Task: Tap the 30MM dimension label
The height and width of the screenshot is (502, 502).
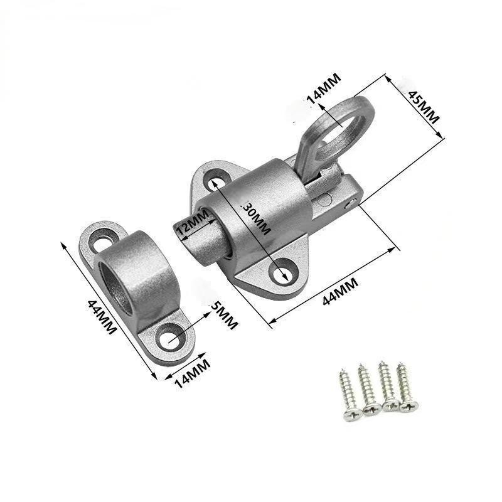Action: (x=257, y=218)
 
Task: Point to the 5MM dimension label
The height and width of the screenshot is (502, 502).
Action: (x=223, y=316)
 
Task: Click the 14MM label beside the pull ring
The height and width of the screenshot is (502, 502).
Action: (x=324, y=88)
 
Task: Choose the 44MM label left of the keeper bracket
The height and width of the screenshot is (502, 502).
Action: (x=102, y=316)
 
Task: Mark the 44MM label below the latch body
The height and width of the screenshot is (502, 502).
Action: (x=340, y=291)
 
